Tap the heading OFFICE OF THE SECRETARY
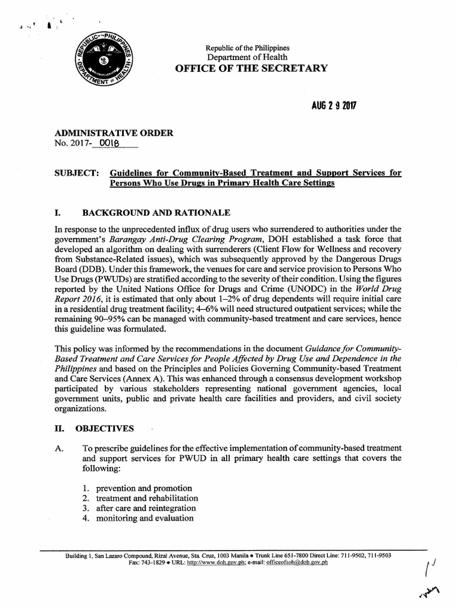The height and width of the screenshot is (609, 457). (x=251, y=68)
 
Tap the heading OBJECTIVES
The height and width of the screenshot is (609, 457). (x=104, y=428)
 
